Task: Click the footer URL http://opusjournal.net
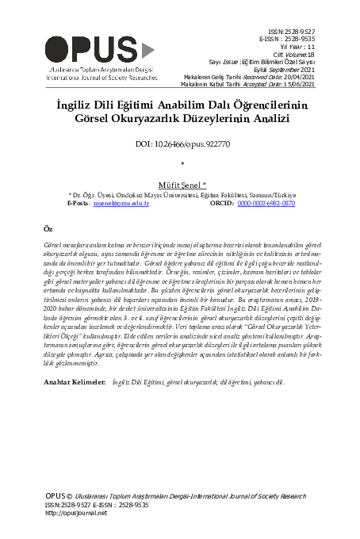[76, 513]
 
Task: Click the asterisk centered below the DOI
[182, 164]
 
